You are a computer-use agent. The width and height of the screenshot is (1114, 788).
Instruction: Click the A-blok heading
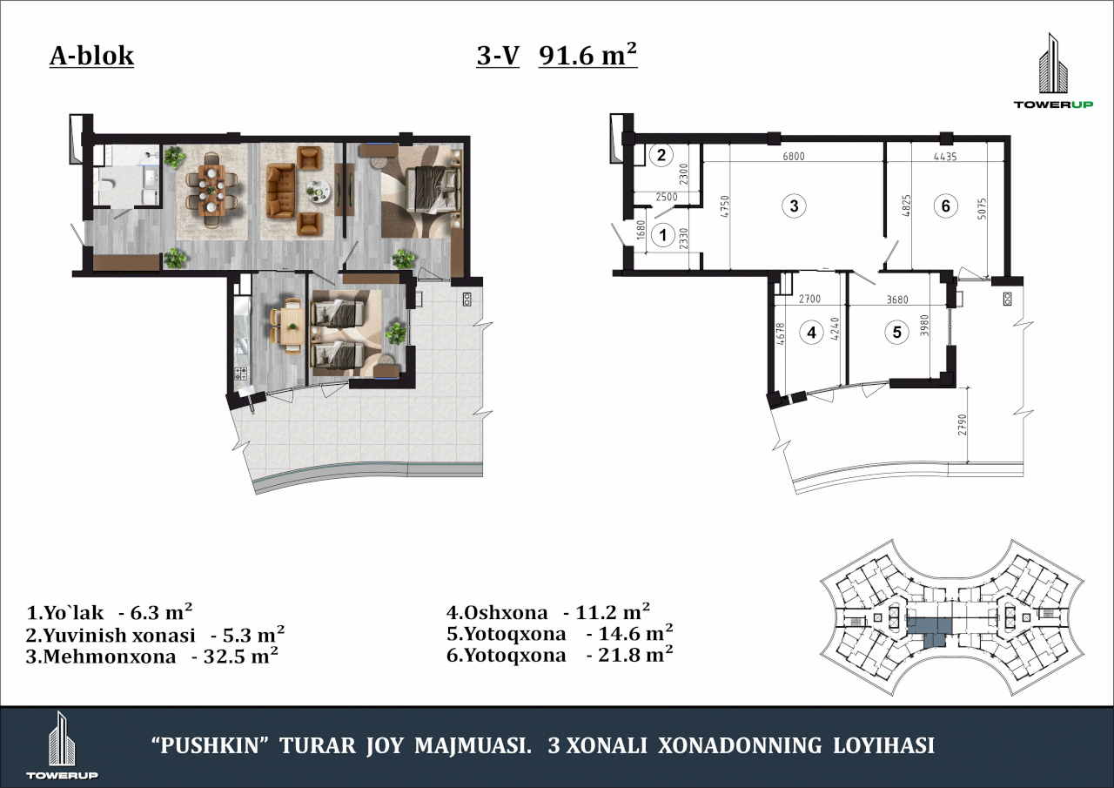[91, 57]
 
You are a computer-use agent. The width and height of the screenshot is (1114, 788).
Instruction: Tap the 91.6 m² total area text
[587, 54]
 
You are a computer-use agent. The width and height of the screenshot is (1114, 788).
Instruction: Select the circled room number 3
[794, 205]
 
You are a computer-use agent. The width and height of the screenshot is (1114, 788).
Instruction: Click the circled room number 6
[945, 205]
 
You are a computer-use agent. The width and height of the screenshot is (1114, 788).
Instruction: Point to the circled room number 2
[661, 155]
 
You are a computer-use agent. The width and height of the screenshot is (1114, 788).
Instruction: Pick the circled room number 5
[896, 332]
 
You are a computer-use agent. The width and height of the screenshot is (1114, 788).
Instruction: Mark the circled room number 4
[812, 332]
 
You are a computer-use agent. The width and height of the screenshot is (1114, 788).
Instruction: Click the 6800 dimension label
[794, 156]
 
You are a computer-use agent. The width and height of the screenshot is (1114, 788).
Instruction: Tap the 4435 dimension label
[945, 157]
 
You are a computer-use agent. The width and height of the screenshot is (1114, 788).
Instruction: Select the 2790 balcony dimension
[962, 424]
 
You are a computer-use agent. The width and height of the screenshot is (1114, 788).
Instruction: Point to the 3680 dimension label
[897, 300]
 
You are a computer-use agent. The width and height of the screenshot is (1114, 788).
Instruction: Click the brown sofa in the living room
[281, 192]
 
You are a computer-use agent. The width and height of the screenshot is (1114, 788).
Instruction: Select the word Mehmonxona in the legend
[110, 657]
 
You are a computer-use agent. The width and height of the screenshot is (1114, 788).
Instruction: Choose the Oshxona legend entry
[548, 612]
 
